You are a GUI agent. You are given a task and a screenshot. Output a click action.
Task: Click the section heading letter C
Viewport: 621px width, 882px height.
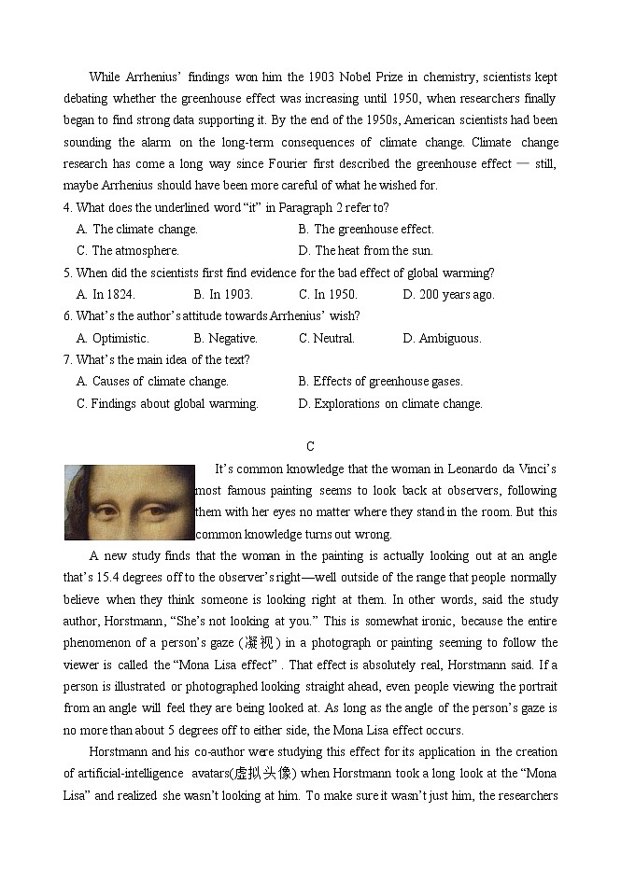point(310,446)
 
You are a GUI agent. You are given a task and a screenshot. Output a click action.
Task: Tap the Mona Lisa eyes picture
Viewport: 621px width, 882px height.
point(128,502)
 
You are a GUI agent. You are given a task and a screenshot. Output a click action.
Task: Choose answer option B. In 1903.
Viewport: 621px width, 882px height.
point(223,294)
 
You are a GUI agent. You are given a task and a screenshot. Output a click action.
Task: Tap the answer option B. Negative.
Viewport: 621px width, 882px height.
point(225,338)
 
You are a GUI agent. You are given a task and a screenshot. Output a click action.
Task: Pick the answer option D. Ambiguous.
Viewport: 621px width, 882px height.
point(442,338)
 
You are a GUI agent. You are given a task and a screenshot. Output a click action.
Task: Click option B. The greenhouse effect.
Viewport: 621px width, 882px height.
point(366,229)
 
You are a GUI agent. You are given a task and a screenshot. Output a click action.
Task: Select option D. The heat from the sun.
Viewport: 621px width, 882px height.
point(366,250)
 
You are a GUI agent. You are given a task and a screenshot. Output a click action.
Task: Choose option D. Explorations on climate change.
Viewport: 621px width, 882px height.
point(390,403)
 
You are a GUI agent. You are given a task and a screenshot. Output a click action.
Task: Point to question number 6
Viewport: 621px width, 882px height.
point(67,316)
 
